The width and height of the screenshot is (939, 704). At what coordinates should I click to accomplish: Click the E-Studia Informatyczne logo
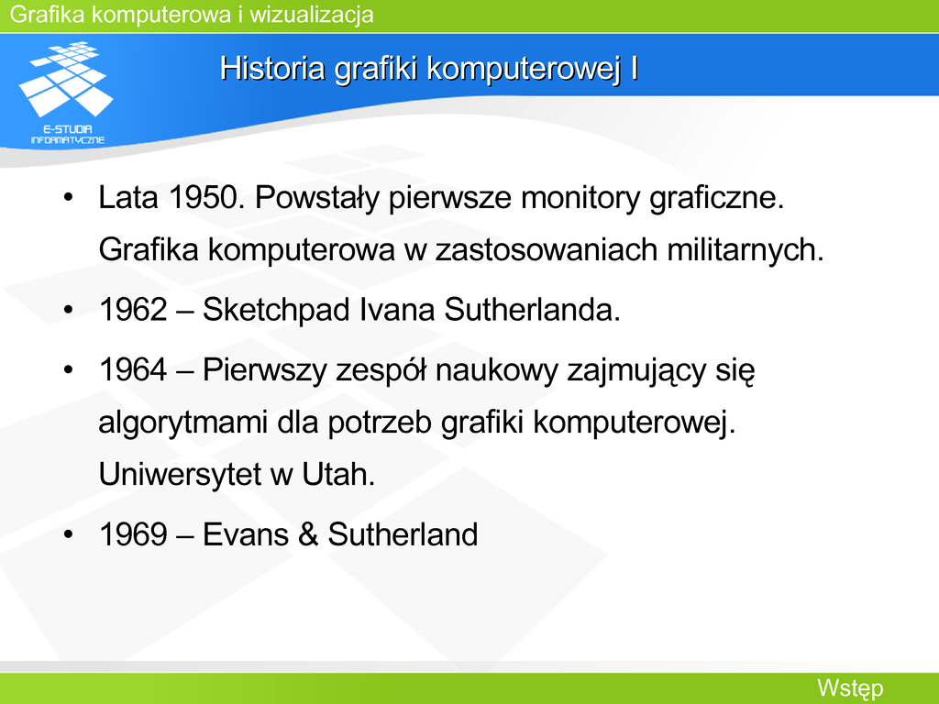click(66, 93)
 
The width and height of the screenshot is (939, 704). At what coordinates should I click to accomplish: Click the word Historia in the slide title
click(271, 68)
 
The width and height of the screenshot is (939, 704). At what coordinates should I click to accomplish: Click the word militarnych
click(745, 249)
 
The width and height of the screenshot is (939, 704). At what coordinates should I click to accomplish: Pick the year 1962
click(133, 310)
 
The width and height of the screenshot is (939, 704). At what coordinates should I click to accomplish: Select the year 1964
click(133, 369)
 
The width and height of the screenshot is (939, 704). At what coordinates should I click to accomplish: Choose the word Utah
click(338, 474)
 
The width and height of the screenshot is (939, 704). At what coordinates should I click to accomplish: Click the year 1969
click(133, 534)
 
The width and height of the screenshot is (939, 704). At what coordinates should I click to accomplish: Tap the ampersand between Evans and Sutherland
click(308, 534)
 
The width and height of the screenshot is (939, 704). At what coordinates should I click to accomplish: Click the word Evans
click(246, 534)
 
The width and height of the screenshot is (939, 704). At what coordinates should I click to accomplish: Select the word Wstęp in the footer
click(850, 688)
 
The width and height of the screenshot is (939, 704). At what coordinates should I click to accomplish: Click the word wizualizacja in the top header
click(312, 15)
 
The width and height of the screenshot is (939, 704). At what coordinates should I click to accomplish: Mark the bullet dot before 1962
click(68, 310)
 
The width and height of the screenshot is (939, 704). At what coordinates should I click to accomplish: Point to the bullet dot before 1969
click(68, 534)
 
